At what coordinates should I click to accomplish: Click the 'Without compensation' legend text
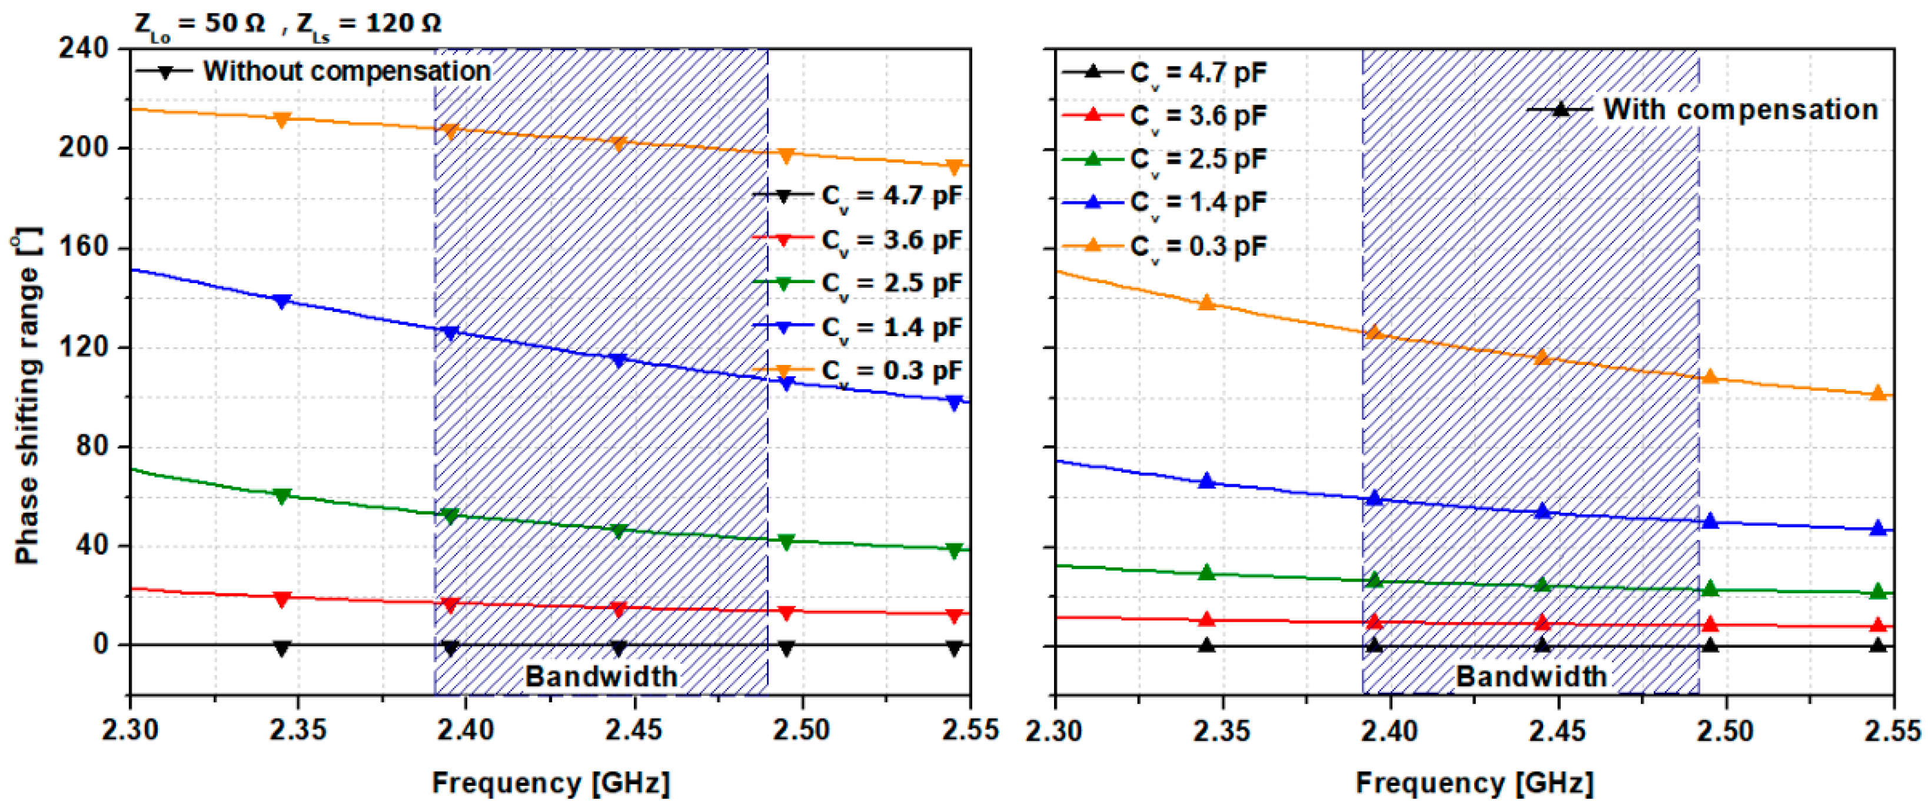coord(347,72)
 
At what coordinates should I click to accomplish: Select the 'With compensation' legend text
coord(1740,110)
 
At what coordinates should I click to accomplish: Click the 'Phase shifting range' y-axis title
coord(26,397)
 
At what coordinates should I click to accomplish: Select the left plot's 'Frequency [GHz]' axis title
coord(551,783)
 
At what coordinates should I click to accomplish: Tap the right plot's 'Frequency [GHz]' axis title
coord(1474,783)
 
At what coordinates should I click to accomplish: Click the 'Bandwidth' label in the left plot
coord(601,677)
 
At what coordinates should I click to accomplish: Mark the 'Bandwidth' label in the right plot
coord(1531,677)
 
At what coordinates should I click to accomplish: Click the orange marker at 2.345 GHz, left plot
coord(282,119)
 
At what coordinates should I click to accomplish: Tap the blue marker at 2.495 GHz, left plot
coord(786,383)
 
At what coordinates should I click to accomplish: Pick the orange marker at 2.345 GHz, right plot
coord(1206,303)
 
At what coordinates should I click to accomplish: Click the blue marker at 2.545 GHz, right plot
coord(1878,528)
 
